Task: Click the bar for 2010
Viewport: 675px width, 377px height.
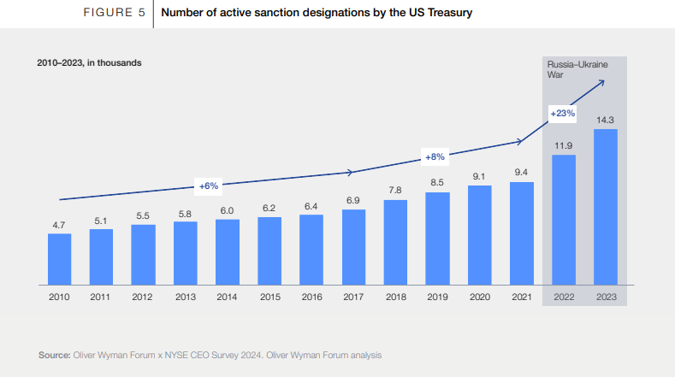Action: click(59, 258)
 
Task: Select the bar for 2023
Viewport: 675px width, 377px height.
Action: click(606, 206)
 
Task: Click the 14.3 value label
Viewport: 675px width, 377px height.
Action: click(606, 121)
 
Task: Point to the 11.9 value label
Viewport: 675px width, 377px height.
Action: click(564, 146)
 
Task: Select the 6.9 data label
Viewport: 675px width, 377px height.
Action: click(353, 200)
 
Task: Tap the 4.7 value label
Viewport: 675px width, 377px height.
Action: click(59, 224)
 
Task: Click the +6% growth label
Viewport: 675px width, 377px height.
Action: click(210, 186)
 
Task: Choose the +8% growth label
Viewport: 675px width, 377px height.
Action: click(435, 157)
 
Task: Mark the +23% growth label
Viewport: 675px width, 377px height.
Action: click(562, 113)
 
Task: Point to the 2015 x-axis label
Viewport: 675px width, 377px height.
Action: click(269, 297)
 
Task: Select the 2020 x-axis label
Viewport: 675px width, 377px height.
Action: click(480, 297)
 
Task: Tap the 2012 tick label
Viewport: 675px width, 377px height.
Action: click(143, 297)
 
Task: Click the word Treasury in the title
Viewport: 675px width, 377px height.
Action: click(445, 14)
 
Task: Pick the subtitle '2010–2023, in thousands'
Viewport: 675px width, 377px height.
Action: click(89, 62)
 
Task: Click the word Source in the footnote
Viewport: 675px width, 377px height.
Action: click(53, 354)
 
